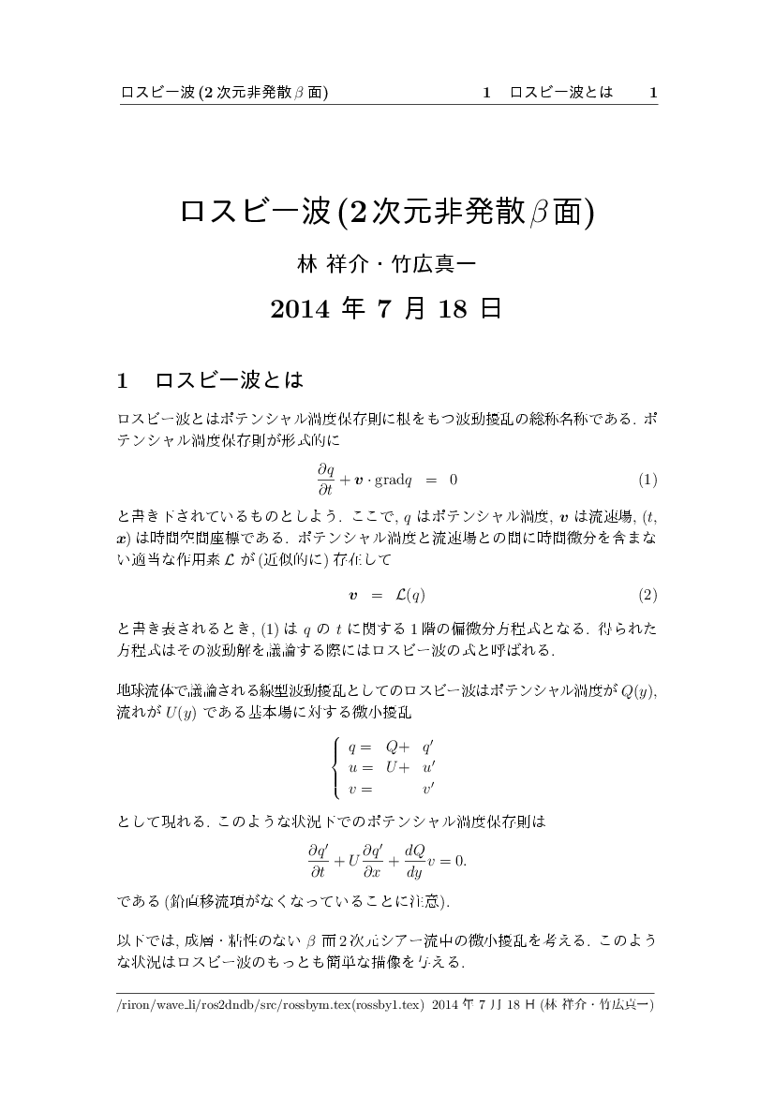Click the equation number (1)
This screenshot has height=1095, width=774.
click(x=647, y=481)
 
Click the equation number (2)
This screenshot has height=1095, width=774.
click(x=647, y=595)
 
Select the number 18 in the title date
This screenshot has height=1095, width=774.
click(x=452, y=309)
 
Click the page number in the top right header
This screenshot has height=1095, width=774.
click(x=653, y=92)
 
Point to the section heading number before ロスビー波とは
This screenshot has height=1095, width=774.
click(x=122, y=381)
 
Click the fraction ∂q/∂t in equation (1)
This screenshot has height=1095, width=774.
click(x=326, y=480)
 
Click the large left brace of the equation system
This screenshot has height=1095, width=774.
click(x=336, y=767)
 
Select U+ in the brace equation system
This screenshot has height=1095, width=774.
click(x=397, y=767)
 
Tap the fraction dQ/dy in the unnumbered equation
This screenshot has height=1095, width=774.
click(x=413, y=860)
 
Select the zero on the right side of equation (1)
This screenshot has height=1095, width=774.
click(x=454, y=481)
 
